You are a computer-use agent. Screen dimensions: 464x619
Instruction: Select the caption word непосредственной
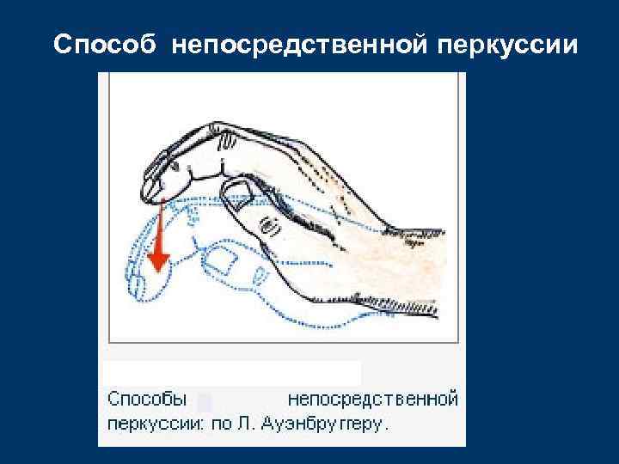coord(371,400)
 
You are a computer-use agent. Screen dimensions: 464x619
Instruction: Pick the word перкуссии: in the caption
coord(156,424)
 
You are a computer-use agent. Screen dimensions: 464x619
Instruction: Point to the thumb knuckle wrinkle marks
coord(269,225)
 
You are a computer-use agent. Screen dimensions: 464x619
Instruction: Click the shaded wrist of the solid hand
coord(404,258)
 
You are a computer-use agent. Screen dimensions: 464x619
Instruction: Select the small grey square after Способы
coord(205,401)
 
